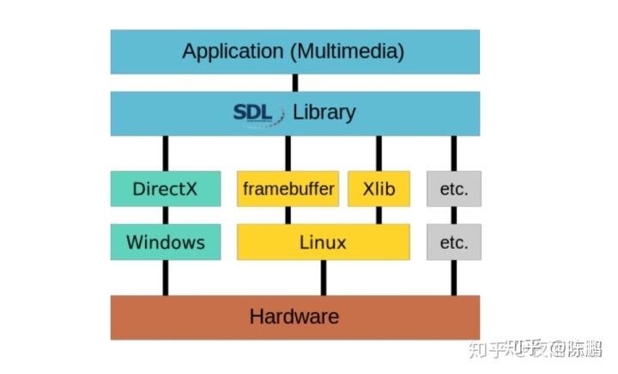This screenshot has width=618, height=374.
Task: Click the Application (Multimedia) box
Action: click(x=294, y=51)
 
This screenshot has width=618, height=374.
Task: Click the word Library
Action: click(x=324, y=112)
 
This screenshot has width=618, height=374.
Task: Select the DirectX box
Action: click(x=165, y=189)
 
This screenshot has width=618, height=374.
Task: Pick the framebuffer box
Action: click(x=288, y=189)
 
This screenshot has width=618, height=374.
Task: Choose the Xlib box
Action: click(x=379, y=189)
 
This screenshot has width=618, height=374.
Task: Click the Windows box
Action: click(x=165, y=242)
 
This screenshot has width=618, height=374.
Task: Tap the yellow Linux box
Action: click(x=323, y=242)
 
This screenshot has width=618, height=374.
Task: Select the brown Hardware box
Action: click(x=294, y=317)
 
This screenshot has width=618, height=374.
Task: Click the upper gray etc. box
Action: click(x=454, y=189)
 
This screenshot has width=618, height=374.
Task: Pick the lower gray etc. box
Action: click(x=454, y=242)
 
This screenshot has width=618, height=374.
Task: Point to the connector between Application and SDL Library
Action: click(x=294, y=83)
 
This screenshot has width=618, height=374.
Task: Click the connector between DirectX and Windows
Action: click(x=165, y=215)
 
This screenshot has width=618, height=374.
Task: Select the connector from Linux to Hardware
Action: click(x=323, y=277)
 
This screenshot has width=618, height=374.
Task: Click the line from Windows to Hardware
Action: click(x=165, y=277)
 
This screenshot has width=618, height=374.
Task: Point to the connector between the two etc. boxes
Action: click(x=454, y=215)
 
